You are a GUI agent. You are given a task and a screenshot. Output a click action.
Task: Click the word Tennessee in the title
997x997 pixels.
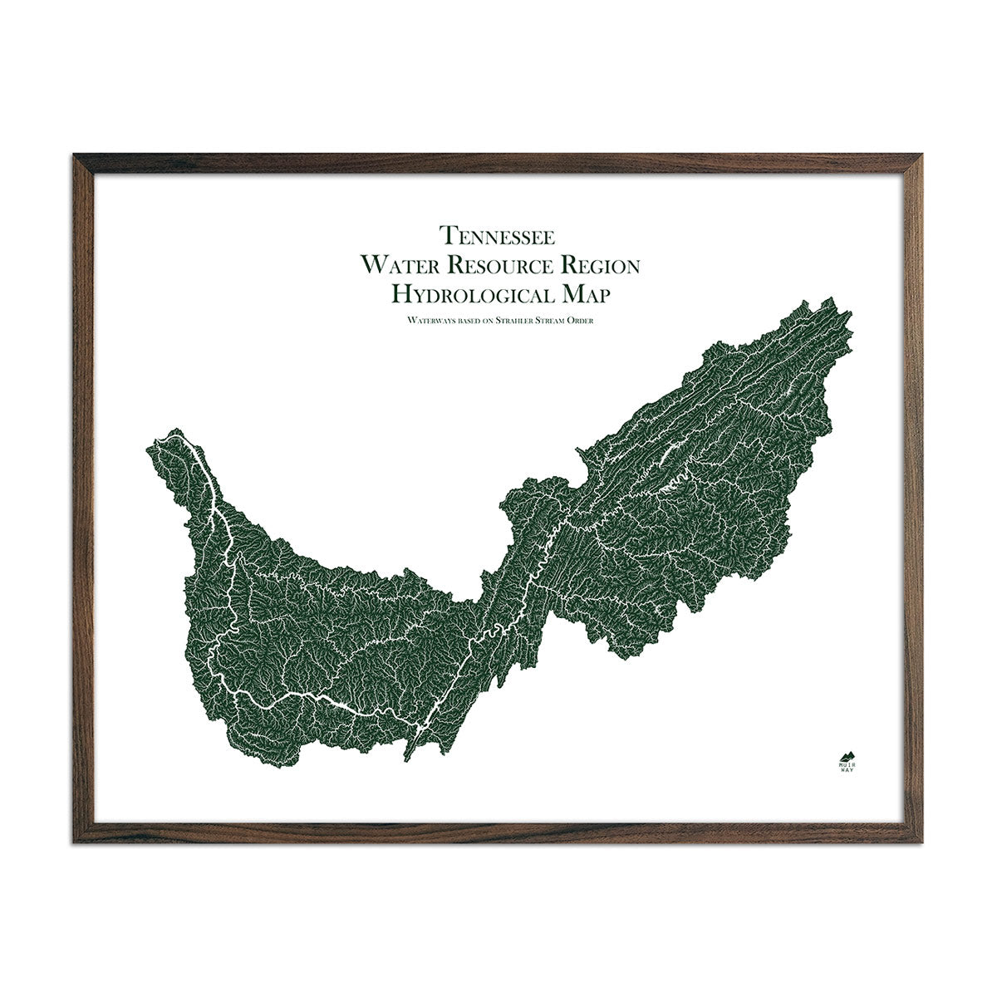[x=498, y=236]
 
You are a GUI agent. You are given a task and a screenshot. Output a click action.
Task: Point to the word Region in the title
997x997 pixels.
[x=602, y=265]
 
